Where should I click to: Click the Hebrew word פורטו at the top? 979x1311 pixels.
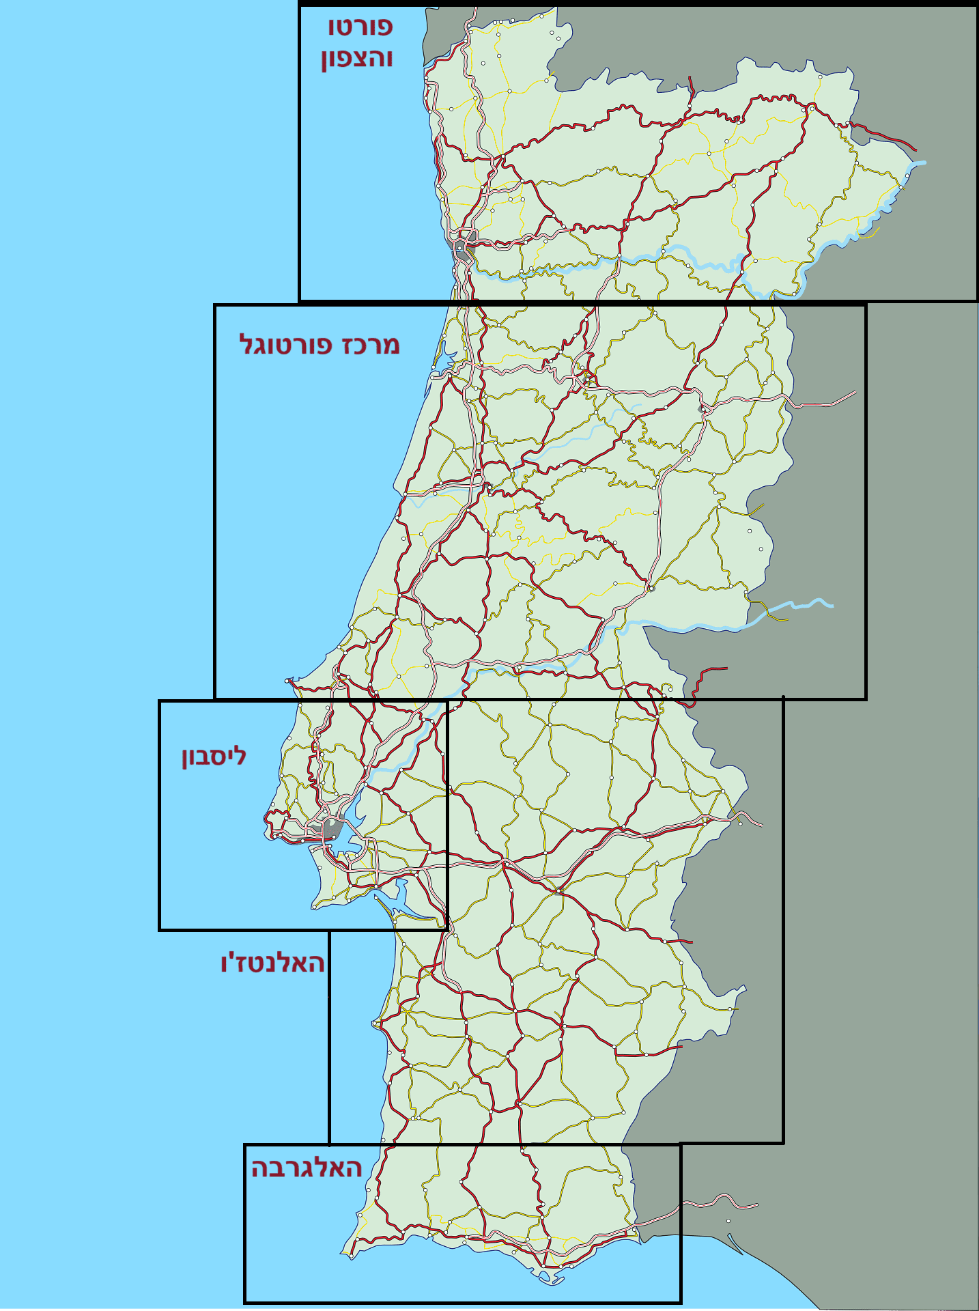pos(360,27)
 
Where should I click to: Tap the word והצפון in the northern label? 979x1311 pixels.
pos(356,59)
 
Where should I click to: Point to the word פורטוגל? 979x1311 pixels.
pos(286,345)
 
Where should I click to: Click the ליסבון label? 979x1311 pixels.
pos(214,756)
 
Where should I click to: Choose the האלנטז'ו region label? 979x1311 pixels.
pos(272,963)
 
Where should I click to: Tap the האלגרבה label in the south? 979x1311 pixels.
pos(306,1168)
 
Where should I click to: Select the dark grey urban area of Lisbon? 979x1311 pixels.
pos(332,829)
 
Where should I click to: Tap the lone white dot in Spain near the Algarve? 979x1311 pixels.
pos(728,1221)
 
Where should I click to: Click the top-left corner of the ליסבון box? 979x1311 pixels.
pos(160,701)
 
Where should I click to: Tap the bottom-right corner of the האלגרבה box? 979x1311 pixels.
pos(681,1301)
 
